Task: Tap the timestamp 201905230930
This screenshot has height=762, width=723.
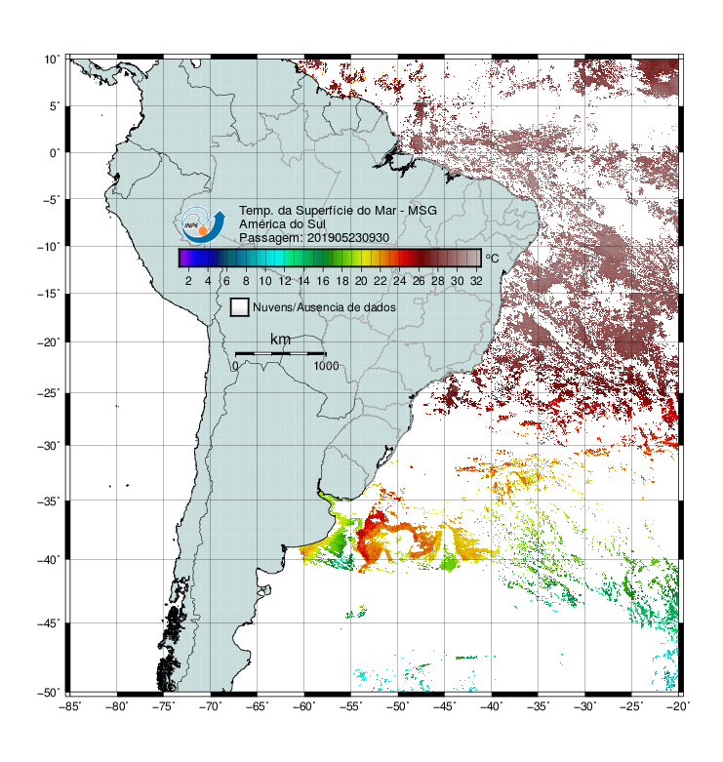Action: click(348, 238)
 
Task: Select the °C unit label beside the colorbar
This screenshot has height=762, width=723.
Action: click(492, 258)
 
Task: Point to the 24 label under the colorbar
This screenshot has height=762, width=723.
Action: click(399, 281)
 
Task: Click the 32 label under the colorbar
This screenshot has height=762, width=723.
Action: click(476, 281)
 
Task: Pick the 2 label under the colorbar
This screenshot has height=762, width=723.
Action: click(188, 281)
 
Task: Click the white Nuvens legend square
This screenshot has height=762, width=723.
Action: click(240, 307)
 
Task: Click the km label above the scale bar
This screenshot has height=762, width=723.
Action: click(280, 340)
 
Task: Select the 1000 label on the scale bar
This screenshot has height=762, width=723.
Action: click(326, 366)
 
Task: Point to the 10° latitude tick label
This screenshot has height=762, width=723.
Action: click(51, 60)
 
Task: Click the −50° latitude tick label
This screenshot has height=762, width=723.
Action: click(49, 693)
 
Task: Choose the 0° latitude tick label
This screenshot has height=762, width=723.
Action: click(54, 153)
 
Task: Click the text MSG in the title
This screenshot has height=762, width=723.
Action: click(422, 211)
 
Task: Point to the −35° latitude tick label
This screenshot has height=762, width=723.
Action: click(49, 501)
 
